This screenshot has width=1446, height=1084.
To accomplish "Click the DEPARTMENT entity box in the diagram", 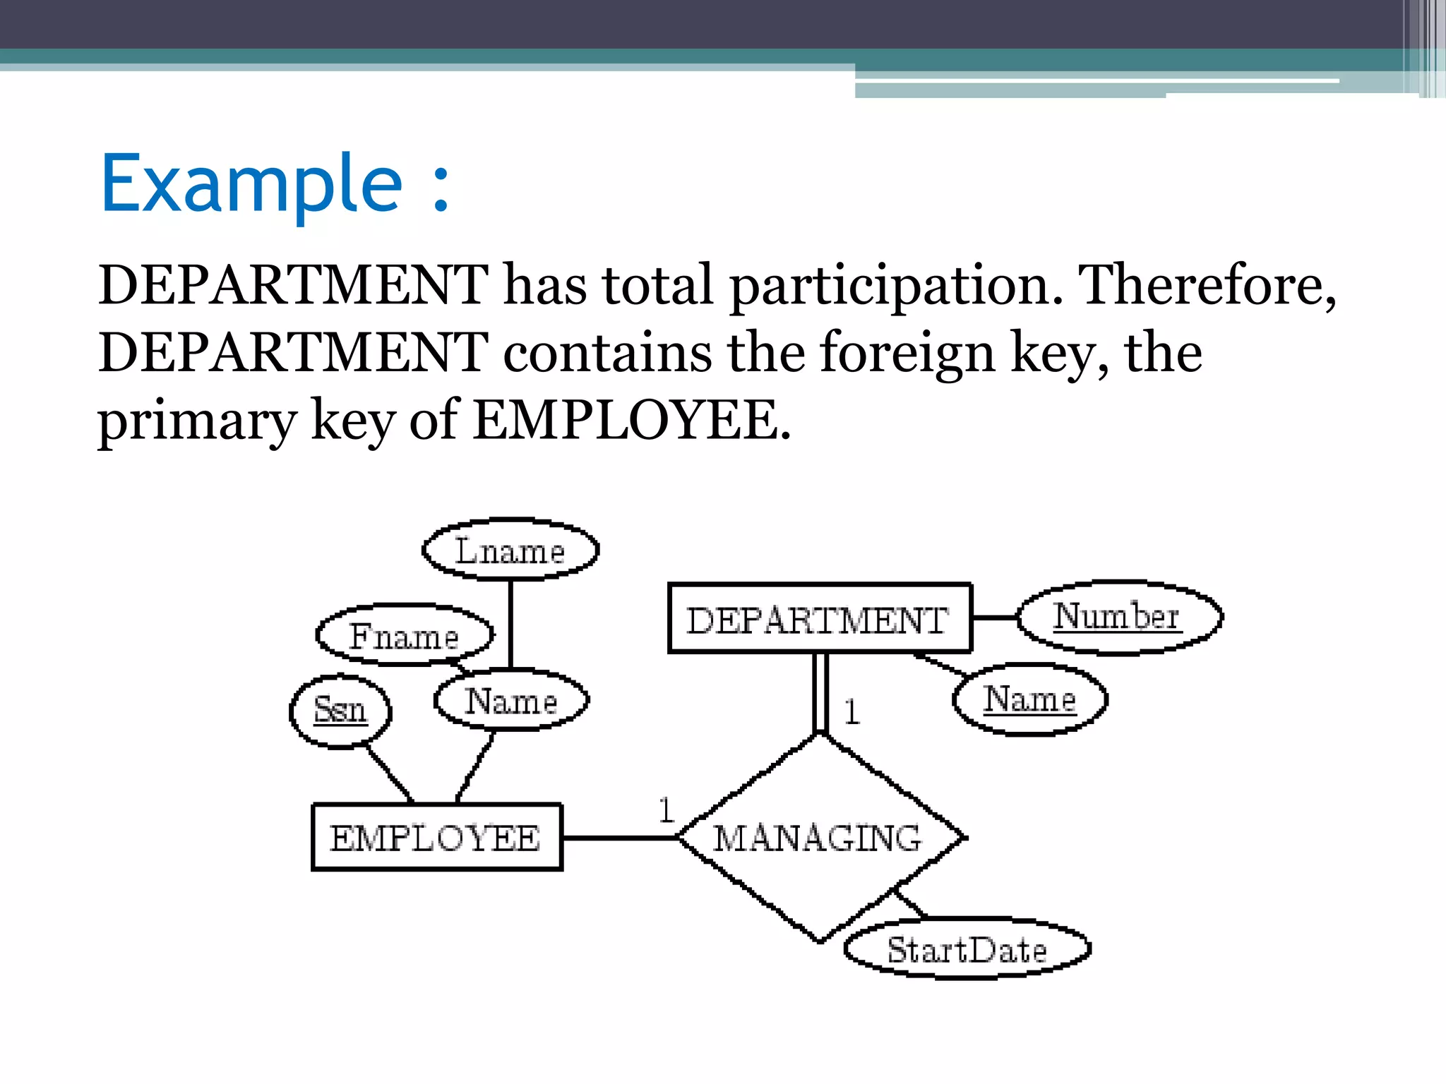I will tap(819, 619).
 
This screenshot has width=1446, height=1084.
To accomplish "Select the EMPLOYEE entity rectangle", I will tap(436, 838).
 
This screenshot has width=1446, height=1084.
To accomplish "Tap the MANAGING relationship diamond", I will tap(819, 838).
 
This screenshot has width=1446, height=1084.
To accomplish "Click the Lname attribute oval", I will tap(510, 550).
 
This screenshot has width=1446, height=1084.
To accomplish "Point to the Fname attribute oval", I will tap(404, 635).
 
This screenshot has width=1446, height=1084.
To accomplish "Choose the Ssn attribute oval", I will tap(340, 709).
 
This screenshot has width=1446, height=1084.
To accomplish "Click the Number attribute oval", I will tap(1118, 618).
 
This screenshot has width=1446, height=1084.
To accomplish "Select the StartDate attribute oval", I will tap(967, 949).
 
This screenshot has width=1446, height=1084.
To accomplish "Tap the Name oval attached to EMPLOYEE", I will tap(511, 701).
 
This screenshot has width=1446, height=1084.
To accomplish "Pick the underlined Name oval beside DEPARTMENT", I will tap(1029, 699).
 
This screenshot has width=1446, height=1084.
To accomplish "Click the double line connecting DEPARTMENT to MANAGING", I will tap(820, 693).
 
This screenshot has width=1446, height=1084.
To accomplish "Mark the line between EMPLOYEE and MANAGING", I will tap(620, 838).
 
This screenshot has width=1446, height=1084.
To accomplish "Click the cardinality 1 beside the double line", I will tap(852, 711).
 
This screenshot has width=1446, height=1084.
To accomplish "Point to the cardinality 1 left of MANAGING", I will tap(666, 809).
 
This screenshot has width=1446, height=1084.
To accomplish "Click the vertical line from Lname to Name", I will tap(510, 624).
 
